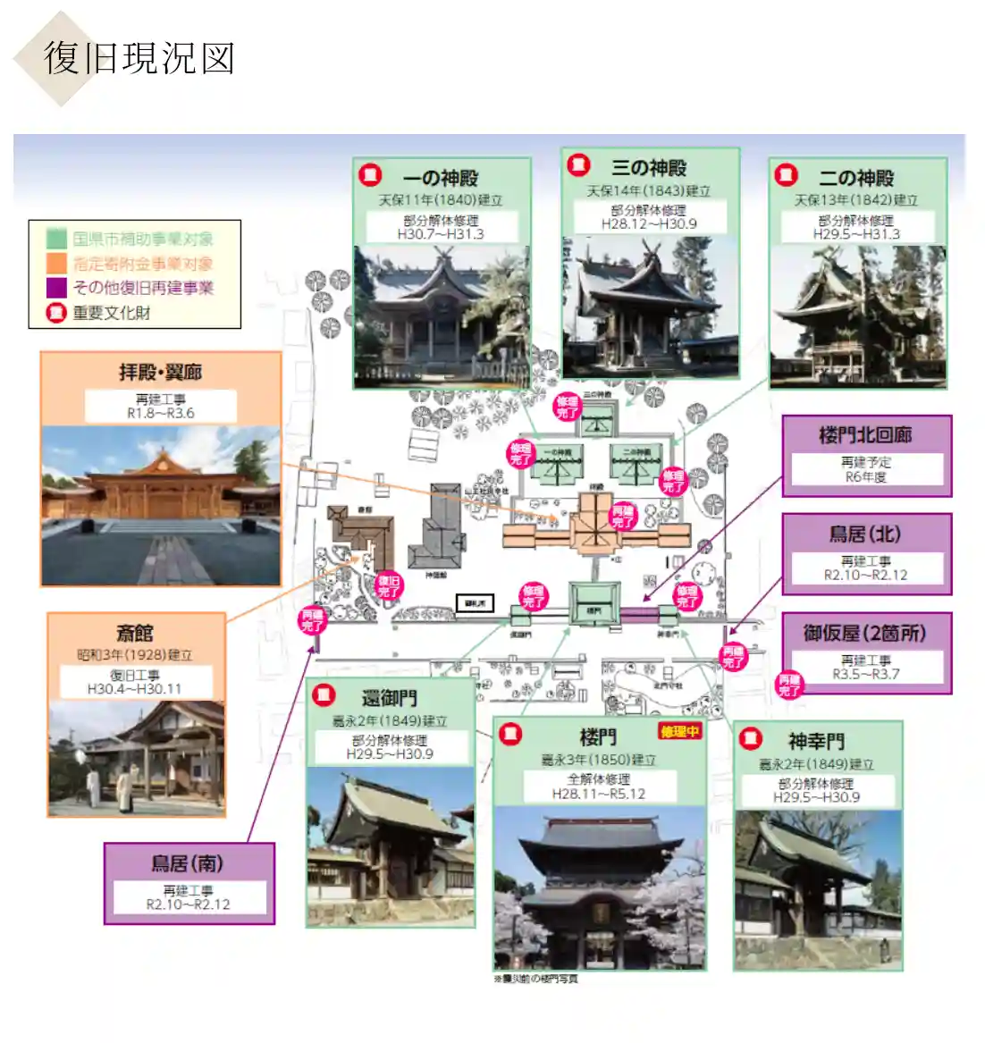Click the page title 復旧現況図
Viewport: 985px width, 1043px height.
pos(139,58)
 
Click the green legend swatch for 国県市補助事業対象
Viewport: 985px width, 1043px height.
pos(57,239)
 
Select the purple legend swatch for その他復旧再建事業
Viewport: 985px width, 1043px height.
pos(57,288)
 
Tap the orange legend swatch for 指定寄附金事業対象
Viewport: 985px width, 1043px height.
pos(57,264)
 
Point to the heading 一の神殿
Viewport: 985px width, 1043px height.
pos(441,178)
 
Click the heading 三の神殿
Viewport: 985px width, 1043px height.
pos(650,168)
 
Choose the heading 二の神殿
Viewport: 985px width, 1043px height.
pos(856,178)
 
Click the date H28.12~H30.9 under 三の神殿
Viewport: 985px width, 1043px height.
pos(649,224)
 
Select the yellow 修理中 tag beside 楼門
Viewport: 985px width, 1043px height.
pos(680,732)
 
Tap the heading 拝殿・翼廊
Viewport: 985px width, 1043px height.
pos(161,372)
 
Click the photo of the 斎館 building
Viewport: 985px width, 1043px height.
pos(136,758)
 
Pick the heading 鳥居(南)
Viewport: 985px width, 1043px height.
pos(188,863)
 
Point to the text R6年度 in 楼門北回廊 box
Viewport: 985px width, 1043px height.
pos(865,477)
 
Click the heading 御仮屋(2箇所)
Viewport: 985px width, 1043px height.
pos(864,633)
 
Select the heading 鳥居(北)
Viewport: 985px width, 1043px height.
pos(864,534)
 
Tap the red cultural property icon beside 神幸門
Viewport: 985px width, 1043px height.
pos(751,738)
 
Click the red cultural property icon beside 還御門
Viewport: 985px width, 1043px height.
pos(324,694)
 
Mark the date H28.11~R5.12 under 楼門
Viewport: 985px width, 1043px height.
pos(598,794)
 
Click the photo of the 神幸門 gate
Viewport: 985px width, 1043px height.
pos(817,889)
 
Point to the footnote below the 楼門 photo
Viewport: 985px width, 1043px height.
pos(535,979)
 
